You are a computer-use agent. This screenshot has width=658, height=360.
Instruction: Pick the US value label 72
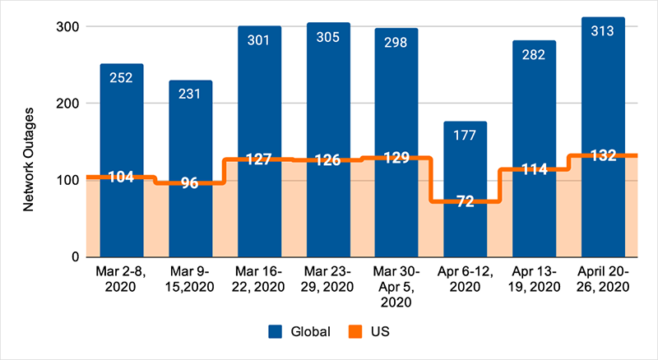point(465,201)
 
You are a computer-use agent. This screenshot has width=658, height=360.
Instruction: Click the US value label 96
point(190,183)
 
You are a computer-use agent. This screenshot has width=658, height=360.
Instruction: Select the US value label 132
point(602,156)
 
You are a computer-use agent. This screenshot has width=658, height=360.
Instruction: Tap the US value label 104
point(122,178)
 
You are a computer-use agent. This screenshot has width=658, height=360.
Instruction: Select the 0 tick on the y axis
point(74,256)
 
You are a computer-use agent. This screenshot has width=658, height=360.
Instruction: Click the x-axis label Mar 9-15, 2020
point(190,279)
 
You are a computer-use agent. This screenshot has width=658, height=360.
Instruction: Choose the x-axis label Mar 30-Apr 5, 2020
point(396,286)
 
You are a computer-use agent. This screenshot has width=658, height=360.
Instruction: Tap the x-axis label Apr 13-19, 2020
point(534,279)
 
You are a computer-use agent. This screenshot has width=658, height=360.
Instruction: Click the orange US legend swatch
point(355,332)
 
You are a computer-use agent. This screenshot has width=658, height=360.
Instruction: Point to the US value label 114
point(534,169)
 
